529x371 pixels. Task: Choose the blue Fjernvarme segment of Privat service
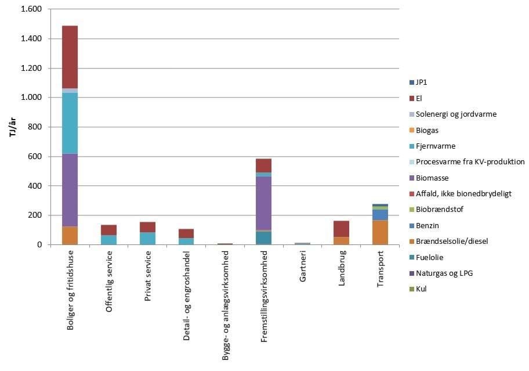click(x=147, y=238)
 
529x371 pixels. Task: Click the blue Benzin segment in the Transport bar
click(x=380, y=215)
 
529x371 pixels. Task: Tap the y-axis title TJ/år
click(x=12, y=127)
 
